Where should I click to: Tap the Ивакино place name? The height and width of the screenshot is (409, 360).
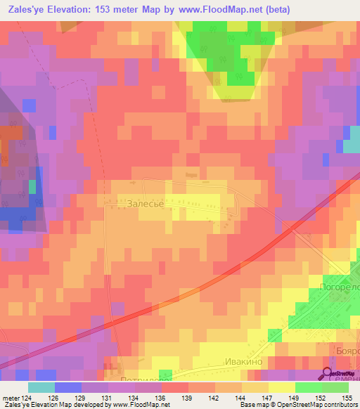[x=243, y=361]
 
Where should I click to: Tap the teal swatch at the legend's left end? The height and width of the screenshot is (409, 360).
[x=41, y=387]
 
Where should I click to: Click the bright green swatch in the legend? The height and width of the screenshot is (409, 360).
[x=309, y=387]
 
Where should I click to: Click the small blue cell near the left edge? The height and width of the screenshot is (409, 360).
[x=29, y=105]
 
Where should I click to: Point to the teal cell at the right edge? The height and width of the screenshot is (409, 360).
[x=353, y=145]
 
